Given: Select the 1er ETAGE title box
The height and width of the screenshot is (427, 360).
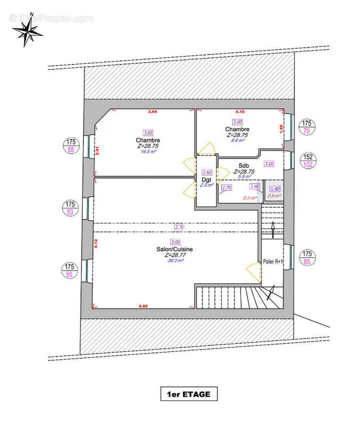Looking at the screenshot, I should pos(189,394).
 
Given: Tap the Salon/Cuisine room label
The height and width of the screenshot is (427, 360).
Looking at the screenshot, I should pos(174,249).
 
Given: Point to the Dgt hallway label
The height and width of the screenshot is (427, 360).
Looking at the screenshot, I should pos(207,180).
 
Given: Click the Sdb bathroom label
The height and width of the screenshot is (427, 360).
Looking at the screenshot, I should pos(244,165).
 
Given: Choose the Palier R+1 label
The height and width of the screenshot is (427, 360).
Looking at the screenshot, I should pos(274,262).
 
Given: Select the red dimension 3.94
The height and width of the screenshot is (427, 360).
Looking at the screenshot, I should pos(153,112).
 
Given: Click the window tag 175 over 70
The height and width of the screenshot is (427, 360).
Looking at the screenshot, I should pos(307,126).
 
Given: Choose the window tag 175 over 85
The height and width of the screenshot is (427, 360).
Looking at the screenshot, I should pos(307,258).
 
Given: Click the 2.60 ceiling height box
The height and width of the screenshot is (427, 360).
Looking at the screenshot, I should pos(207,172).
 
